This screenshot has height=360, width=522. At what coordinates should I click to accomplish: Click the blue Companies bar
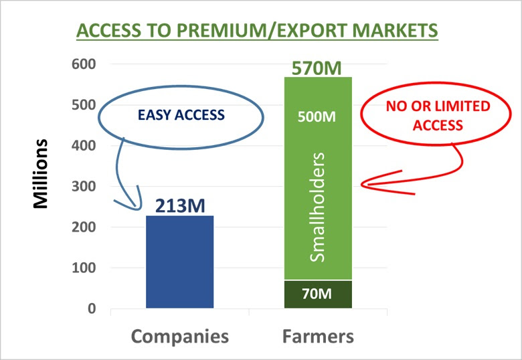pos(180,262)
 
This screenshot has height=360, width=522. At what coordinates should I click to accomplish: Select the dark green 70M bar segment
pos(318,294)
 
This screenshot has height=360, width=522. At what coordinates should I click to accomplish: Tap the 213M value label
pos(180,206)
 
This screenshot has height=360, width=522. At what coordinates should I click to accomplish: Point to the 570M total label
pos(317,68)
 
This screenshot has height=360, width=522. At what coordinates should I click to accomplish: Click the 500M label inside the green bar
pos(317,117)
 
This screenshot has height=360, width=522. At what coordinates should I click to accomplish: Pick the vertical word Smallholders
pos(317,207)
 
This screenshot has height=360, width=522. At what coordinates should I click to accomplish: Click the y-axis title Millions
pos(41,174)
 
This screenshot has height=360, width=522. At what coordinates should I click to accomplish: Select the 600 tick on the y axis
pos(84,64)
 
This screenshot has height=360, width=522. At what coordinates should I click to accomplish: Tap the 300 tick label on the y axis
pos(84,186)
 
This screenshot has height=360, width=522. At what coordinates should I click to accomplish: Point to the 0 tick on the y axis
pos(92,308)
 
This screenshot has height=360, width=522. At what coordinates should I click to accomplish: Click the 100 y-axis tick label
pos(84,268)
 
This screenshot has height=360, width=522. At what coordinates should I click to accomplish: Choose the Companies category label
pos(180,337)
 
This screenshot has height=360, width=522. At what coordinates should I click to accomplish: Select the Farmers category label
pos(318,337)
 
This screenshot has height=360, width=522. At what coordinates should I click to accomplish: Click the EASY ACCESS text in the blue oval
pos(181,115)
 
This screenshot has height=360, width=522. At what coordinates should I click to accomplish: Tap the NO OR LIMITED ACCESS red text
pos(438,116)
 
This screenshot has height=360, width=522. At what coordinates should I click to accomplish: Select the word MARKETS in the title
pos(395,31)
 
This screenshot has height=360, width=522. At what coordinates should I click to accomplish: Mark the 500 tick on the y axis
pos(84,105)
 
